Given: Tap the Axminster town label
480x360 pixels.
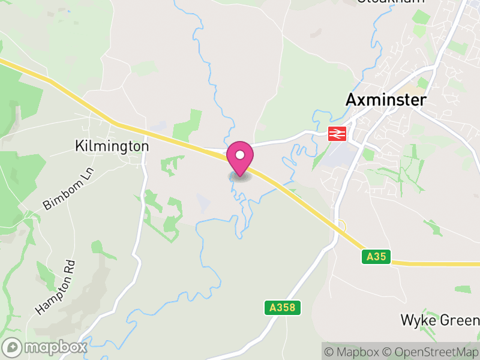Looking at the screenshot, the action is (x=386, y=100).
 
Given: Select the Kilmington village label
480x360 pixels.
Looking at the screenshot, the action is (x=112, y=146).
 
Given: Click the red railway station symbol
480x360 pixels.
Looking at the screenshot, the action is (x=338, y=134).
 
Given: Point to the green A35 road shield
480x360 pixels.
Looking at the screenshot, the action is (x=377, y=257).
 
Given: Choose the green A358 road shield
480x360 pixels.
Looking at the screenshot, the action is (x=282, y=308).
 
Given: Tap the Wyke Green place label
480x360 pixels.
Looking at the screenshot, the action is (x=439, y=320).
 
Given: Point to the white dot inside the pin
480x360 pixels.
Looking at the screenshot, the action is (x=240, y=155).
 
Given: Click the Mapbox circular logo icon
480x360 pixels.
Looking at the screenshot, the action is (x=13, y=347).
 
